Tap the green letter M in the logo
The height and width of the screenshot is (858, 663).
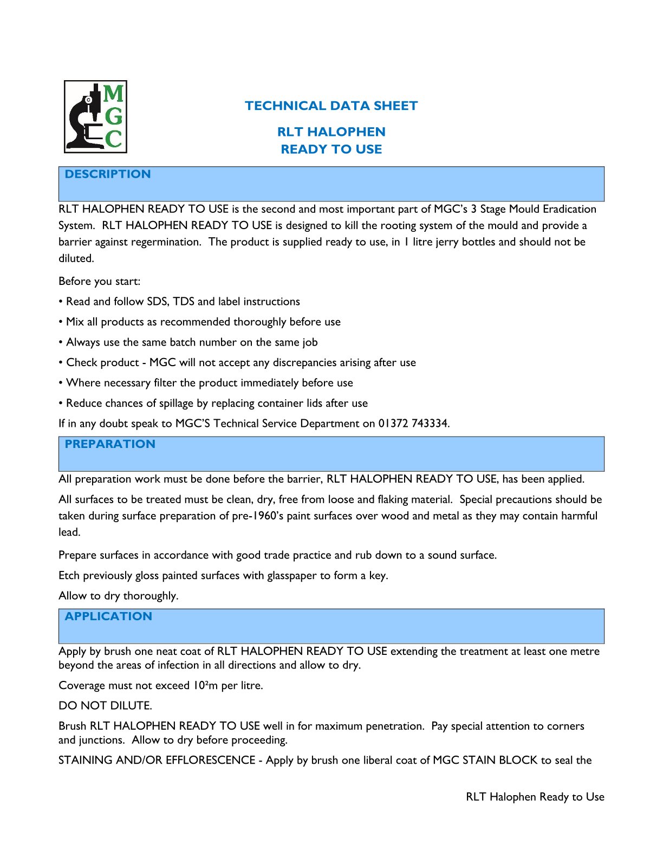pyautogui.click(x=113, y=94)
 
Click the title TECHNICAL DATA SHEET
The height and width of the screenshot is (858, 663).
pyautogui.click(x=331, y=106)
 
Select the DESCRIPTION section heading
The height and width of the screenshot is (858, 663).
pyautogui.click(x=108, y=174)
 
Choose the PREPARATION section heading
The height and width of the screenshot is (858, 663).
pyautogui.click(x=110, y=444)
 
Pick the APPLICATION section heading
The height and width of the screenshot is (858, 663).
pyautogui.click(x=108, y=616)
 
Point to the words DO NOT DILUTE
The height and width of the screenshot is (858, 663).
pyautogui.click(x=105, y=706)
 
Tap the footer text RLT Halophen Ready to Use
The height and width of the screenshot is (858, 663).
pyautogui.click(x=535, y=797)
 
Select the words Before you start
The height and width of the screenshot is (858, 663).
pyautogui.click(x=99, y=281)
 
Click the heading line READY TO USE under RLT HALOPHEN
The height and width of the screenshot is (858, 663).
pyautogui.click(x=331, y=149)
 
